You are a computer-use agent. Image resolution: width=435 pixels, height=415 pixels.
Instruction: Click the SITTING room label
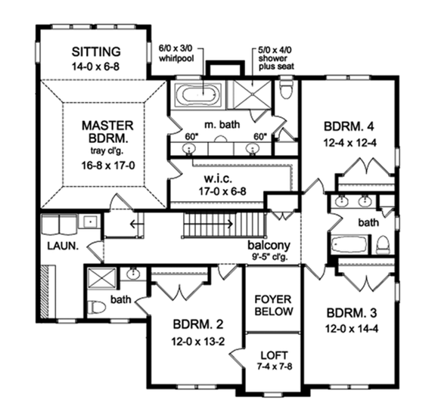[96, 52]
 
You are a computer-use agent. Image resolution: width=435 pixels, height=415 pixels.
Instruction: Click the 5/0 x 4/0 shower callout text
[275, 59]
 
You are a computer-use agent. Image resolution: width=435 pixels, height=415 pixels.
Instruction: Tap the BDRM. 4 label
[350, 126]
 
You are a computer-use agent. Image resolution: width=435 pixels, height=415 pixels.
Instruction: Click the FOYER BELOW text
[275, 304]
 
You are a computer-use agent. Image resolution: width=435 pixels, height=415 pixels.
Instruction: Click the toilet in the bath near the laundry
[95, 308]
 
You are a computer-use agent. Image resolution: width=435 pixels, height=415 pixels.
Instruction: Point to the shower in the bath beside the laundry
[100, 280]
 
